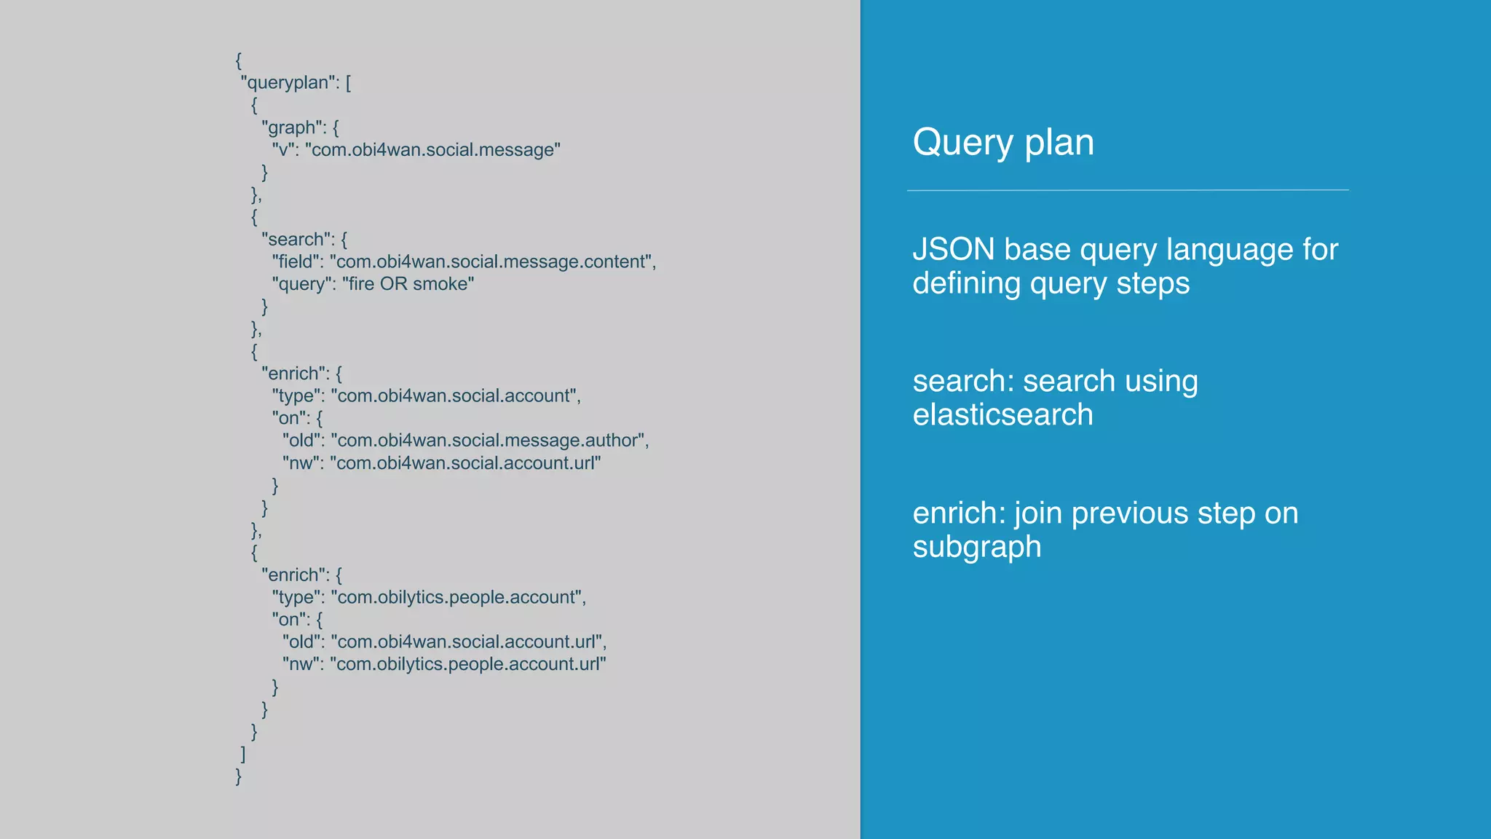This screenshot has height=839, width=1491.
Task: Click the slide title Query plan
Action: pyautogui.click(x=1002, y=143)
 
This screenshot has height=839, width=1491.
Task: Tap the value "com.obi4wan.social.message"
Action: pyautogui.click(x=432, y=150)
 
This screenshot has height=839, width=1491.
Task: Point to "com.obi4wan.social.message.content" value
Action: pyautogui.click(x=491, y=262)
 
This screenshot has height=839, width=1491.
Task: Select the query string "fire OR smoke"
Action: pyautogui.click(x=408, y=284)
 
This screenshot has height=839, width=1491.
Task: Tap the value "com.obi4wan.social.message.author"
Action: pyautogui.click(x=488, y=441)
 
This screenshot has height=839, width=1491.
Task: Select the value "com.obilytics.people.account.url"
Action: pyautogui.click(x=467, y=664)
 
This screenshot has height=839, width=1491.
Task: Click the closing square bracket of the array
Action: pyautogui.click(x=243, y=754)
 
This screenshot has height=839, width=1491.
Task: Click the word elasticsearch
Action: pyautogui.click(x=1002, y=415)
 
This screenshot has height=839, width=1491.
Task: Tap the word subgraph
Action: pyautogui.click(x=976, y=548)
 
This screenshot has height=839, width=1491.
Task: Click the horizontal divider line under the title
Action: pyautogui.click(x=1127, y=190)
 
